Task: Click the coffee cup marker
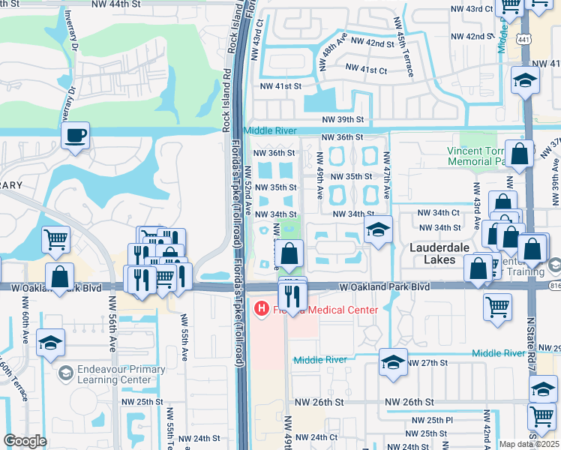75,136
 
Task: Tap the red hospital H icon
261,308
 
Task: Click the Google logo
24,441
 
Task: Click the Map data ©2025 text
529,444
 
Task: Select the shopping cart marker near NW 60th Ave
56,241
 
